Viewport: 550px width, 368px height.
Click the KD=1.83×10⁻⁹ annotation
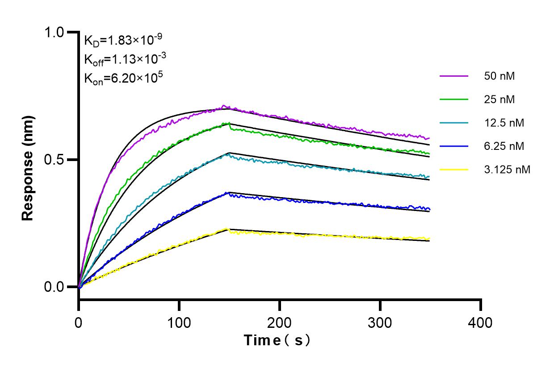[x=122, y=41]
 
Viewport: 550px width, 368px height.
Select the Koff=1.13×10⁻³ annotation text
[x=123, y=59]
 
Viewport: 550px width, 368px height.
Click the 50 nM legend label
[x=499, y=76]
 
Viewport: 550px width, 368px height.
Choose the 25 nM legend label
[x=499, y=99]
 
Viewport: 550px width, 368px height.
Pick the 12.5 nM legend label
[x=504, y=123]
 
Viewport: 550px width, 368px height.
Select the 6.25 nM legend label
[x=504, y=146]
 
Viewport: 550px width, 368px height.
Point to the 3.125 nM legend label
[x=507, y=170]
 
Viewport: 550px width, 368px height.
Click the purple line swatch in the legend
[x=453, y=76]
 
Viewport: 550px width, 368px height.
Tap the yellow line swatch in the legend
[x=453, y=170]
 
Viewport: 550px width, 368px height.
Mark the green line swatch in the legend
[x=453, y=99]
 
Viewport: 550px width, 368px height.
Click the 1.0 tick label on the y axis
[x=55, y=33]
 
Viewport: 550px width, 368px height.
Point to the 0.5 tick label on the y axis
[x=55, y=160]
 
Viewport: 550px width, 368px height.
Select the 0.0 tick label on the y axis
[x=55, y=287]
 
